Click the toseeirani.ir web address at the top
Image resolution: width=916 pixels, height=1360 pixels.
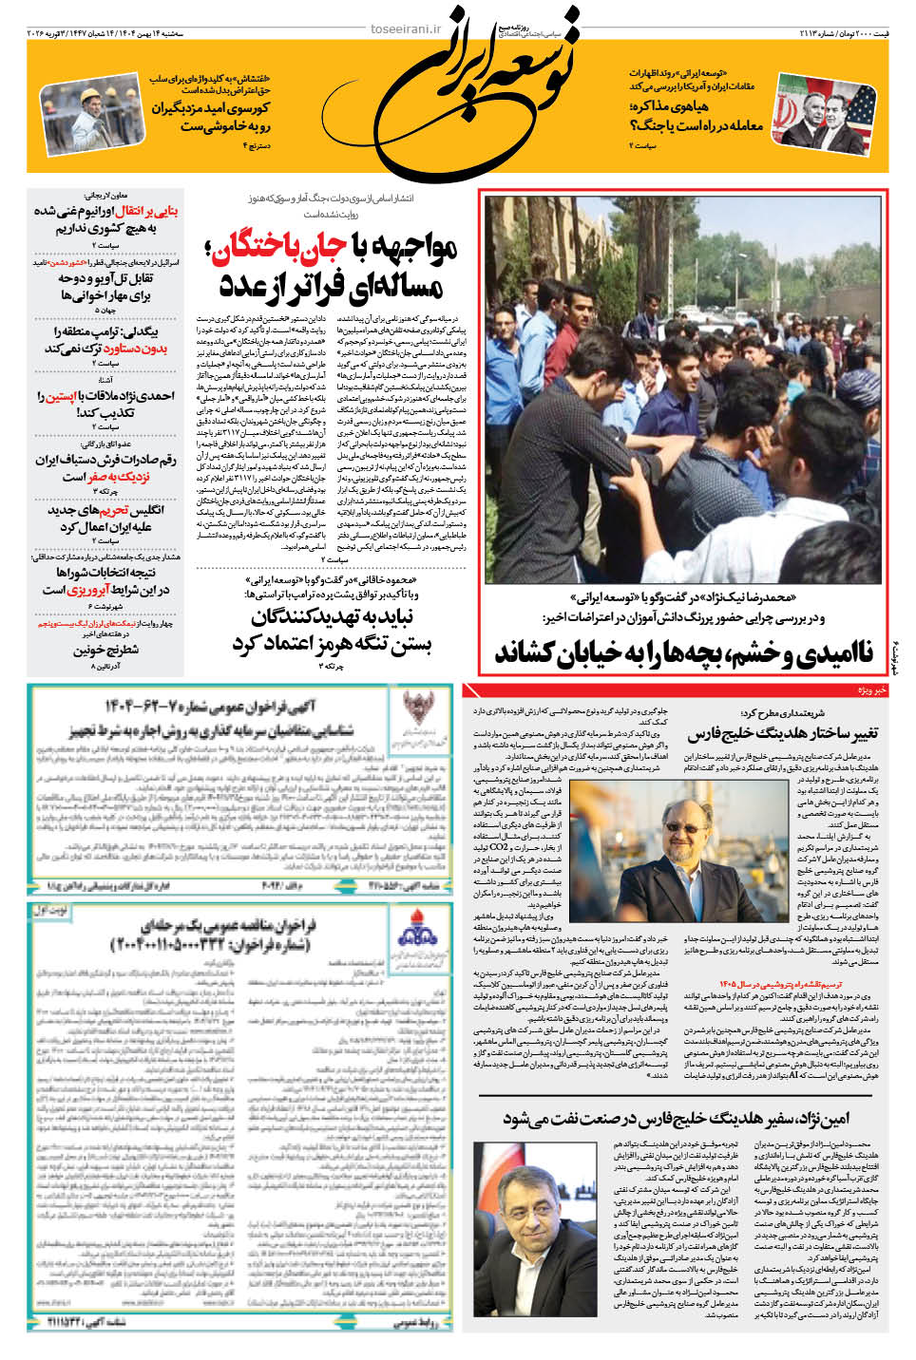tap(406, 28)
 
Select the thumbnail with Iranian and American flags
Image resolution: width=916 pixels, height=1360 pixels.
tap(826, 112)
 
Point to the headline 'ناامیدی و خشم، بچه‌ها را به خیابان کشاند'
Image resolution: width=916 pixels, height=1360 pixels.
tap(683, 652)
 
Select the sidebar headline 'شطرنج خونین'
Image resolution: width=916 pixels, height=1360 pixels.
tap(105, 651)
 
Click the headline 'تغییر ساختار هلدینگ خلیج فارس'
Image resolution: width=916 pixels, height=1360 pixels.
tap(782, 733)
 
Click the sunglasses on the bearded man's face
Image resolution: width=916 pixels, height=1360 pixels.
tap(683, 825)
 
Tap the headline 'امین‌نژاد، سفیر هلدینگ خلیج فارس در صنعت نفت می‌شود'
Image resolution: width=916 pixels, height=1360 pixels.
tap(676, 1118)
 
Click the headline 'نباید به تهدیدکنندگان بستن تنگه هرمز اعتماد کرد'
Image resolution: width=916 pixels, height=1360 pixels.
tap(332, 631)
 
